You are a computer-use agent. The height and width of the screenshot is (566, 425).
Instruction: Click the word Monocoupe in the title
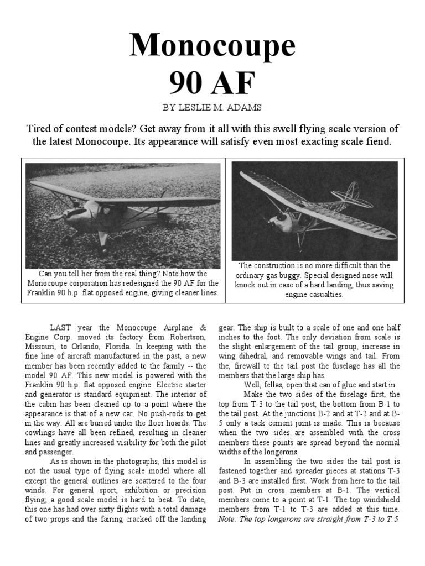pos(212,46)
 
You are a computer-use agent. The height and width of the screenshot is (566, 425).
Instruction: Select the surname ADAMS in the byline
pos(247,108)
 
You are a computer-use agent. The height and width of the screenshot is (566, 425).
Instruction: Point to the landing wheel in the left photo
pos(69,240)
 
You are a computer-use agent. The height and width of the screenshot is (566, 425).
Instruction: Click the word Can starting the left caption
pos(46,274)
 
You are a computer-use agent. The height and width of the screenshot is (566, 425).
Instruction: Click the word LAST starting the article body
pos(60,327)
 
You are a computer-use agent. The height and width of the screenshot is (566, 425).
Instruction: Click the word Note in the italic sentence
pos(229,520)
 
